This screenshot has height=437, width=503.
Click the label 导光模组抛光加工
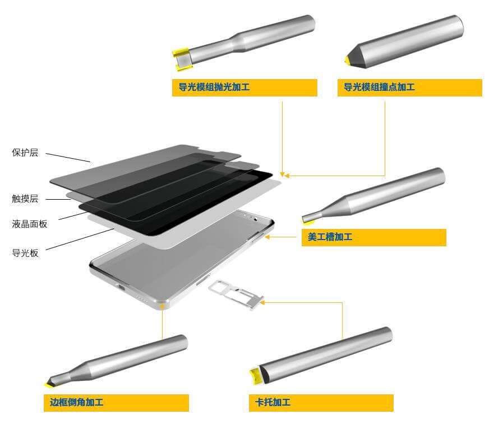[214, 87]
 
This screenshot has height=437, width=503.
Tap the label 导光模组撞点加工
[379, 87]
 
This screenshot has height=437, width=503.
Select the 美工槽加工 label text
[330, 237]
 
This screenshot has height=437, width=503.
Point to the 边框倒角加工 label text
[76, 402]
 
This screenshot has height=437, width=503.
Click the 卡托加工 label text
[273, 402]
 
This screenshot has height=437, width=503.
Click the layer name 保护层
[25, 153]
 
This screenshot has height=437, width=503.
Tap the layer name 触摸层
[25, 199]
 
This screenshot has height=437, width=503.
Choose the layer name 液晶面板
[30, 224]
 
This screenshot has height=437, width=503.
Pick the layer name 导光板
[25, 253]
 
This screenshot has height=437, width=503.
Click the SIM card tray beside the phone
[236, 294]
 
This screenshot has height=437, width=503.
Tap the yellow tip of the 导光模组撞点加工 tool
[347, 59]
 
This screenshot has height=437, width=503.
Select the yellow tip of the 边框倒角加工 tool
[49, 384]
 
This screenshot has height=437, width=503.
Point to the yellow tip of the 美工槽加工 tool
[308, 222]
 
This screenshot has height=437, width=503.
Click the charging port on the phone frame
[122, 287]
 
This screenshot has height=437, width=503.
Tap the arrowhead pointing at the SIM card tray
[262, 302]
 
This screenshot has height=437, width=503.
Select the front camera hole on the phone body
[256, 219]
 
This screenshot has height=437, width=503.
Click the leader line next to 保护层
[68, 158]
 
